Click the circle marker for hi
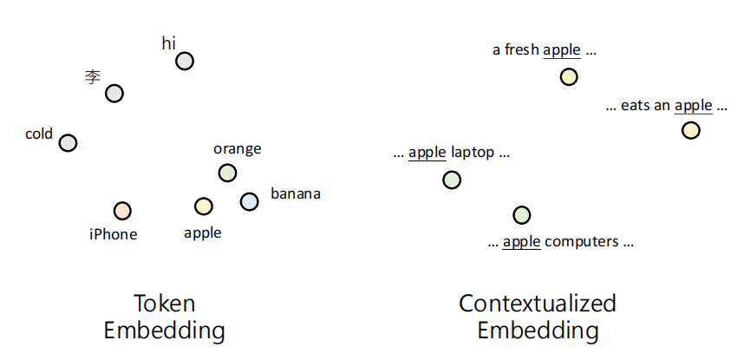(185, 61)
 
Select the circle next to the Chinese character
(114, 93)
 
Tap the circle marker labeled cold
(68, 142)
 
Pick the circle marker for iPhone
(122, 211)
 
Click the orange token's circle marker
(227, 173)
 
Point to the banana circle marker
(249, 201)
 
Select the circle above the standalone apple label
(204, 206)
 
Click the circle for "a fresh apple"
(569, 77)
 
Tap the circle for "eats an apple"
(690, 130)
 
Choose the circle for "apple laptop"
(451, 180)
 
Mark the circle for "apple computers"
(521, 214)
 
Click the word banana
(296, 193)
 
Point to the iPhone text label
(114, 234)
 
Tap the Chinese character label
(93, 77)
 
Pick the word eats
(635, 106)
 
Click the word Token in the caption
(164, 304)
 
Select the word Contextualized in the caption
(538, 304)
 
